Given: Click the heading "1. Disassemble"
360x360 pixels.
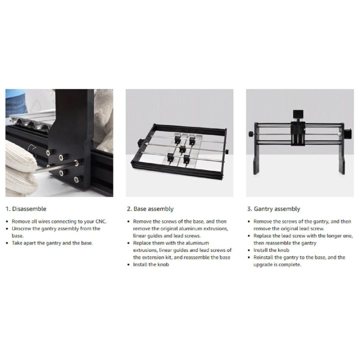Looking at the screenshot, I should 25,209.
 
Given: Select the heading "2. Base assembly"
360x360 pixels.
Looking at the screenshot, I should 150,209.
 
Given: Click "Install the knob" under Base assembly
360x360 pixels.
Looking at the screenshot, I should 151,264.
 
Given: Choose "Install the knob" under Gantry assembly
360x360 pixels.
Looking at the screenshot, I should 271,250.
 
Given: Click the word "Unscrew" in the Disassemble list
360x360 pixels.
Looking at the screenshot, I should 21,228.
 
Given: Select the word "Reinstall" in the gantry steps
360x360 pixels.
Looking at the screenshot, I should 265,257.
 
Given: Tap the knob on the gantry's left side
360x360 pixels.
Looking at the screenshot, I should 250,134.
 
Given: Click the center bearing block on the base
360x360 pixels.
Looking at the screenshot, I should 182,149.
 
